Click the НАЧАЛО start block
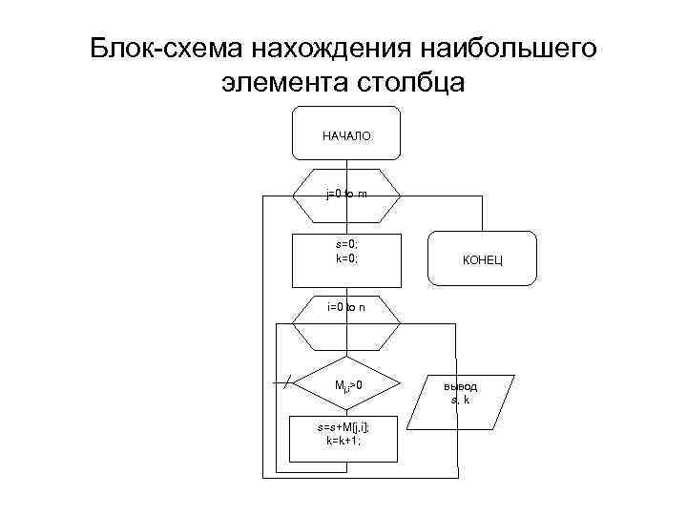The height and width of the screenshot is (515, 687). (x=346, y=135)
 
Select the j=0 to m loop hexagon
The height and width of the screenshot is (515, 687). (x=346, y=195)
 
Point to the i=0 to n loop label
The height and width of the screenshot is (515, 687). (x=346, y=307)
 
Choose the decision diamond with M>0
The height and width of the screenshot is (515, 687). (x=346, y=385)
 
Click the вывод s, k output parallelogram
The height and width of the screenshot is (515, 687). (x=460, y=393)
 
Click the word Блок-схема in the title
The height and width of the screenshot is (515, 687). (x=168, y=48)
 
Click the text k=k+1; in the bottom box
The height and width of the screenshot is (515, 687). (x=344, y=443)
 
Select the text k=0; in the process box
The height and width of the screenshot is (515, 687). (x=346, y=257)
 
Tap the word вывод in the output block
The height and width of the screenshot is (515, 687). (x=461, y=387)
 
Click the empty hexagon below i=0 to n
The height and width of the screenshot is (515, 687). (x=346, y=334)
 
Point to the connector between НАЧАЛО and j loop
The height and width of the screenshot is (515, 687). (x=346, y=164)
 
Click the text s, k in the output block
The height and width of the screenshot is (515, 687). (x=461, y=400)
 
